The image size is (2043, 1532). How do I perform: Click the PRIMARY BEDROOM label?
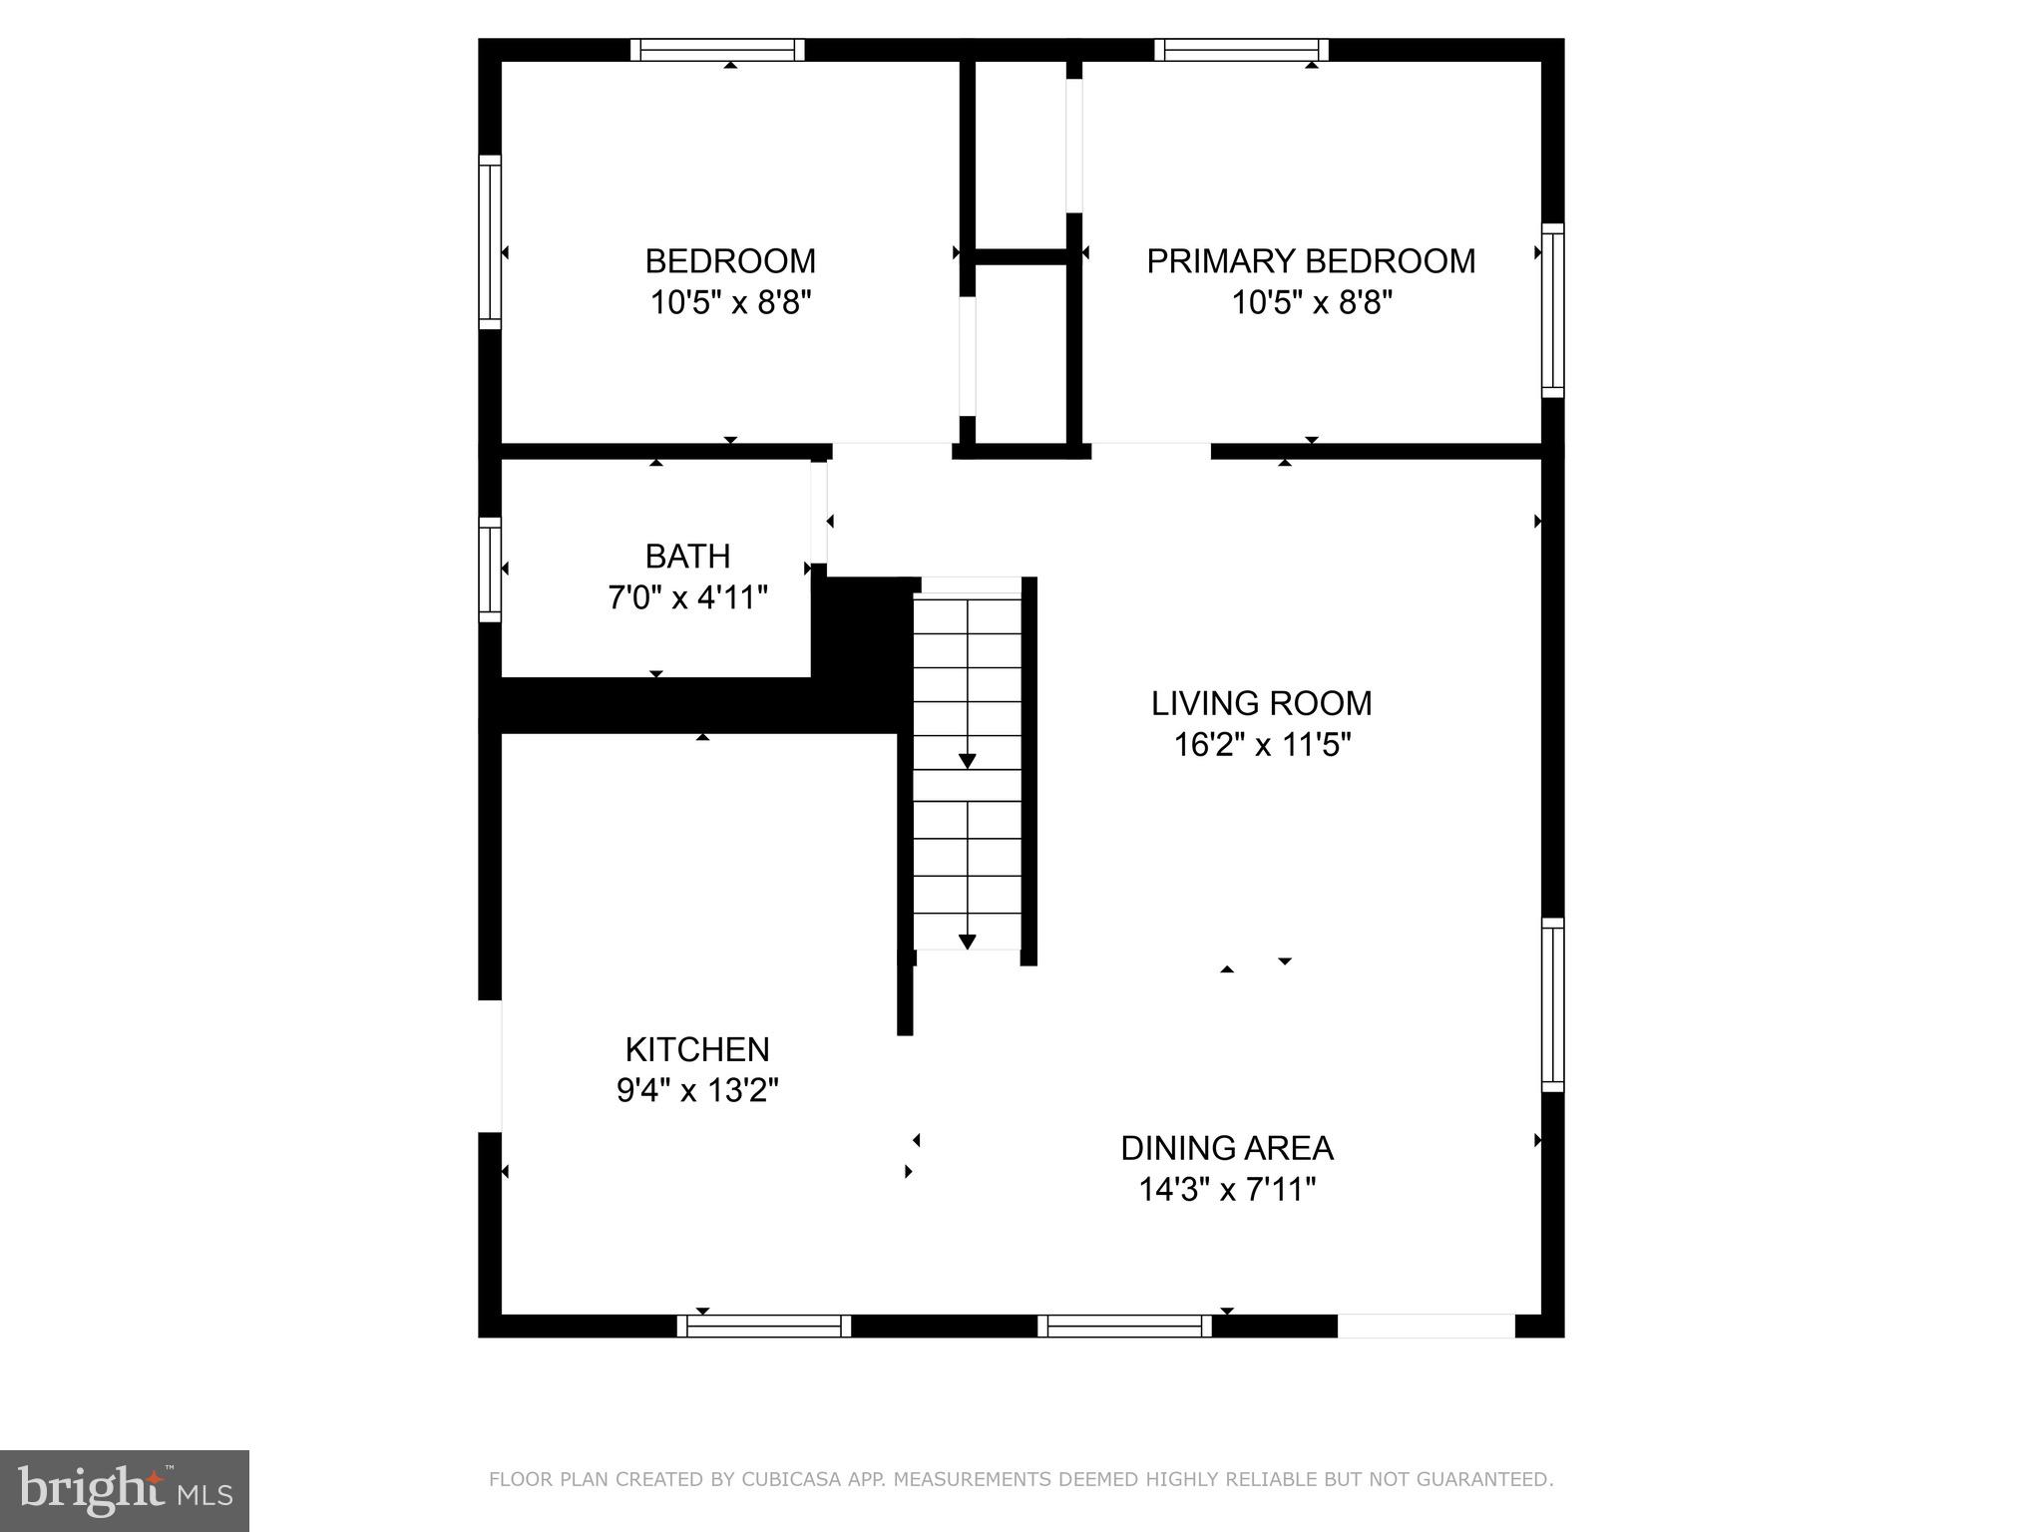click(x=1310, y=261)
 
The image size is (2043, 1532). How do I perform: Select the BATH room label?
click(x=687, y=556)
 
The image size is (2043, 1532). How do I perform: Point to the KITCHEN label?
click(x=697, y=1049)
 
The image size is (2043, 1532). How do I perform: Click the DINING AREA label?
click(x=1226, y=1148)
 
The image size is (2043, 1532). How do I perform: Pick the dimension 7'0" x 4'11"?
click(x=687, y=597)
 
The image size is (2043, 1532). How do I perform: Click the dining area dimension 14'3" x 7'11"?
click(x=1226, y=1190)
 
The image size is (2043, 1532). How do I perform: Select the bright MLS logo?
click(x=124, y=1491)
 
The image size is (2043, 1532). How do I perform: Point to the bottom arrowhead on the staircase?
click(x=967, y=942)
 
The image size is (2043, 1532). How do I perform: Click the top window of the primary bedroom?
click(x=1241, y=50)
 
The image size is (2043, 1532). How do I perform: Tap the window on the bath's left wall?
click(x=490, y=570)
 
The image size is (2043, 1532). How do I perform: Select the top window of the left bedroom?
click(x=717, y=50)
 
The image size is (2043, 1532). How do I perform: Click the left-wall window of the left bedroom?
click(x=490, y=241)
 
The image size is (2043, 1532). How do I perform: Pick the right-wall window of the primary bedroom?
click(x=1552, y=310)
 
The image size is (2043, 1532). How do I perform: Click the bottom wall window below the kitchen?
click(x=764, y=1326)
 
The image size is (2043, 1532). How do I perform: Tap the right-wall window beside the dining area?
click(x=1552, y=1004)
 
